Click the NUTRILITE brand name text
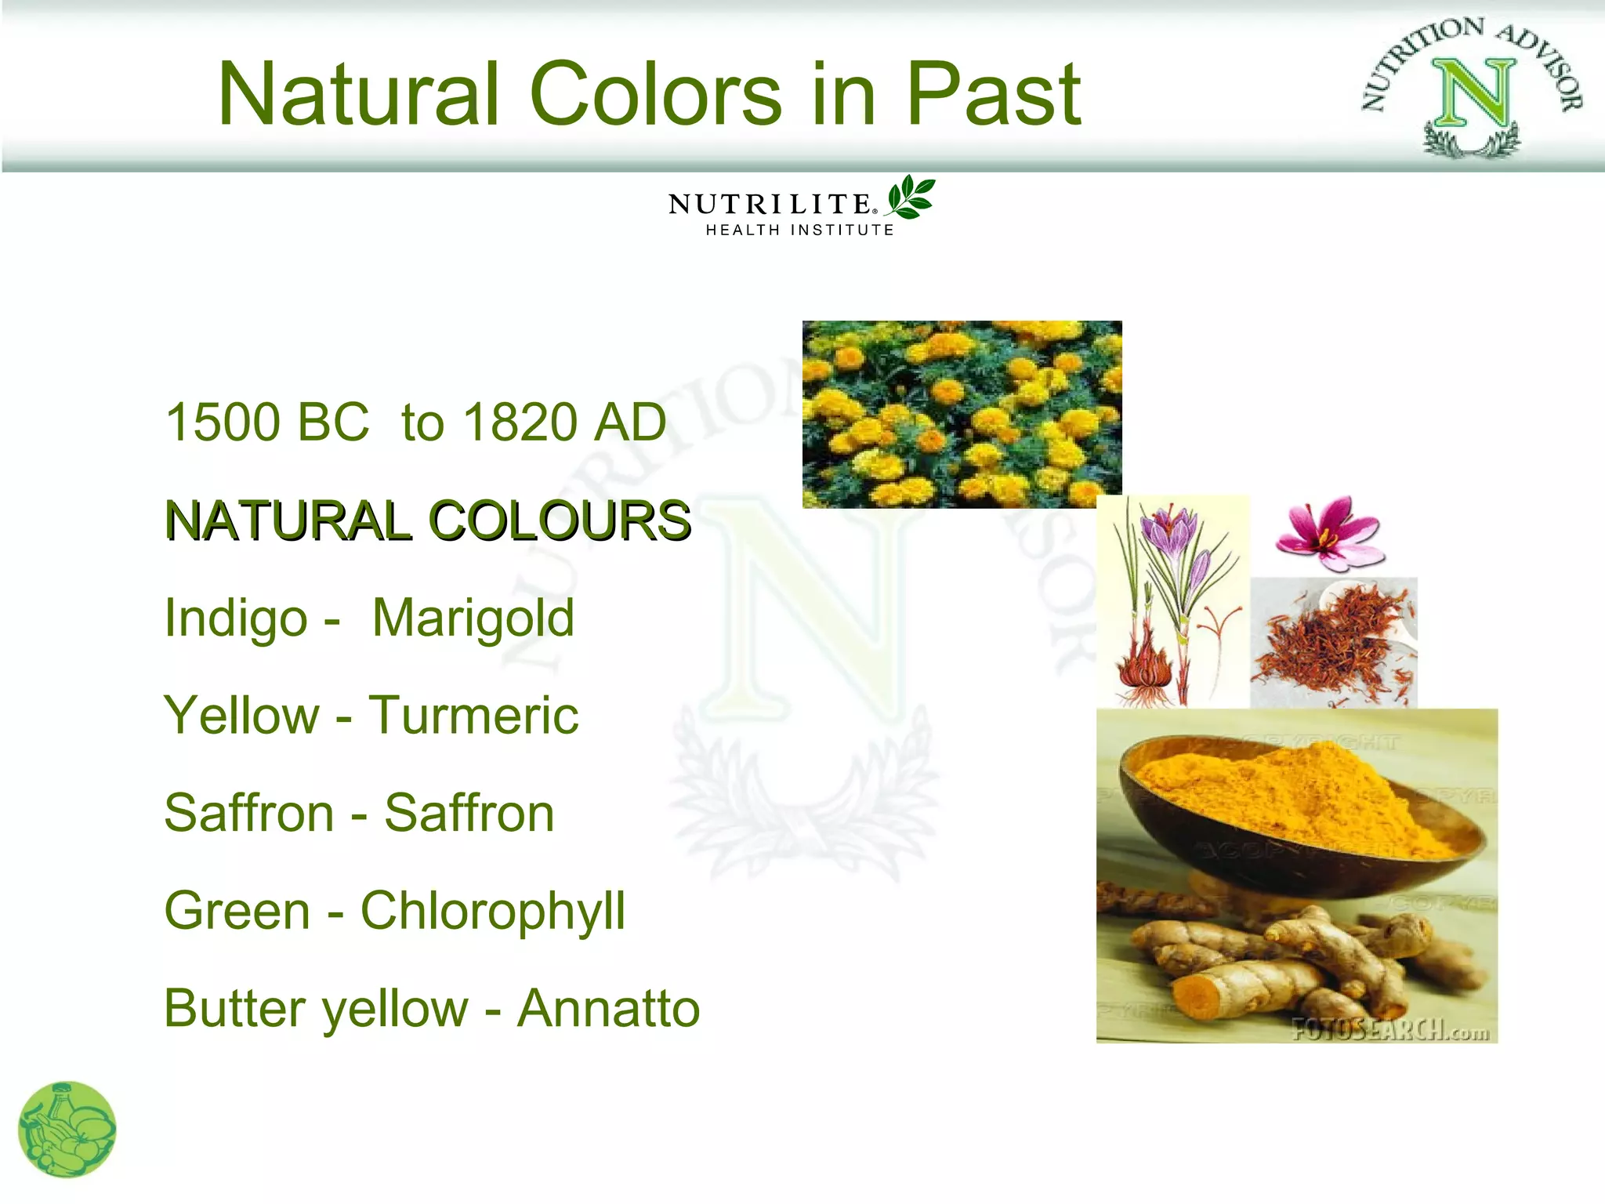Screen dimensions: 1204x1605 (x=770, y=205)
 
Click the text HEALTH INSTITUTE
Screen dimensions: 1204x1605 (x=799, y=230)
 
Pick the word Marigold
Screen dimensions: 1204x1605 (x=473, y=618)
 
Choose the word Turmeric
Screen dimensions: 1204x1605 (x=473, y=715)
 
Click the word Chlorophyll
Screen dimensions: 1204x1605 (x=492, y=911)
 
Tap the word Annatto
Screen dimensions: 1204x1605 (x=608, y=1008)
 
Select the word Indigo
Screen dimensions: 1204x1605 (x=236, y=618)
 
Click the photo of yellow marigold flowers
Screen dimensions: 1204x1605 (x=962, y=414)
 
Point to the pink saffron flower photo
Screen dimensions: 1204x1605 (x=1330, y=533)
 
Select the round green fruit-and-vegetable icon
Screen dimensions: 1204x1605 (x=67, y=1130)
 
